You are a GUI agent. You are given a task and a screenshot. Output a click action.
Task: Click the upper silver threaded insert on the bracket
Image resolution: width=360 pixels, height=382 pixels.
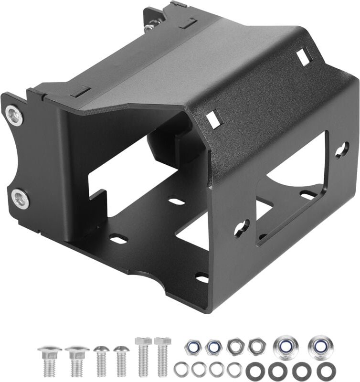[14, 115]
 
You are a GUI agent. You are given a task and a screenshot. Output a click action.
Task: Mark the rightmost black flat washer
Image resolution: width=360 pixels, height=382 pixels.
[325, 370]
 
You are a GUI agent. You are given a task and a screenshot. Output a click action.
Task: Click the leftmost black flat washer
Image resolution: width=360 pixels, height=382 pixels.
[254, 370]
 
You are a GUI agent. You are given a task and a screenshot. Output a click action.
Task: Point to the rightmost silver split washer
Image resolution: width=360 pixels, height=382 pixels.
[234, 369]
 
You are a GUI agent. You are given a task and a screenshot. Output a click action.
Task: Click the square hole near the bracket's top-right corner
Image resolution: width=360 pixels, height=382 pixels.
[304, 57]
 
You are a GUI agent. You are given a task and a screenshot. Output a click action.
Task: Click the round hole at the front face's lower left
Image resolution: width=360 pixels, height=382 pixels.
[241, 228]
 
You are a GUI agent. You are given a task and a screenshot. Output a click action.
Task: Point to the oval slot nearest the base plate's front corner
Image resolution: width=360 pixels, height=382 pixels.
[202, 277]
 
